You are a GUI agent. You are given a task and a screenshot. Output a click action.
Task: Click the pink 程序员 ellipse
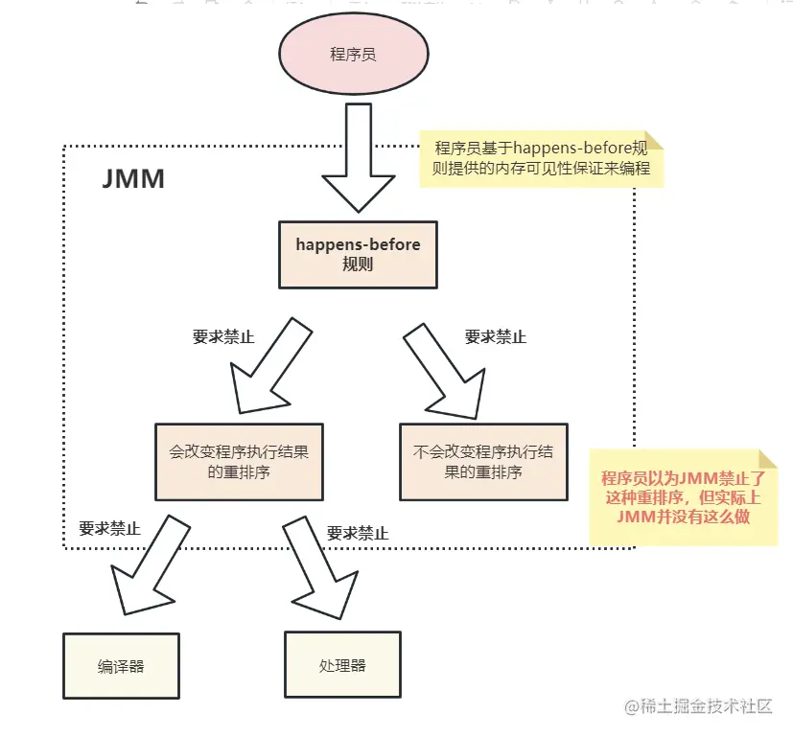coord(353,54)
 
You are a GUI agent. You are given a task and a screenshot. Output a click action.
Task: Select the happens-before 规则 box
coord(358,255)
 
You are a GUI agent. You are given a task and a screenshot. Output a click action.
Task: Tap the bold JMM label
coord(133,179)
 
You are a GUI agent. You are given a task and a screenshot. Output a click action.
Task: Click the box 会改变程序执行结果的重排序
coord(240,461)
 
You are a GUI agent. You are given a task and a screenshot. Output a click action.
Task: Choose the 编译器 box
coord(121,665)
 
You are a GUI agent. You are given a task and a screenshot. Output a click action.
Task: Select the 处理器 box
coord(341,664)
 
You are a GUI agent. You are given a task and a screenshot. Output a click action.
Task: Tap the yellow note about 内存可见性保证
coord(542,158)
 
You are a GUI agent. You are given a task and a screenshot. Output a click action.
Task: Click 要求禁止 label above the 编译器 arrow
coord(109,528)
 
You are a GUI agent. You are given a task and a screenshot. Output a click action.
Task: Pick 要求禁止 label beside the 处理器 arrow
coord(358,534)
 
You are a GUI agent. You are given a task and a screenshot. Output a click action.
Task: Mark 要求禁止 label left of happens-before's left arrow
coord(223,337)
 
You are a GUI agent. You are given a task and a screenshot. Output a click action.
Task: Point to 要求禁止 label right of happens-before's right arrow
coord(496,337)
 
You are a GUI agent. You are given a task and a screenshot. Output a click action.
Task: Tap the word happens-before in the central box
coord(358,244)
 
